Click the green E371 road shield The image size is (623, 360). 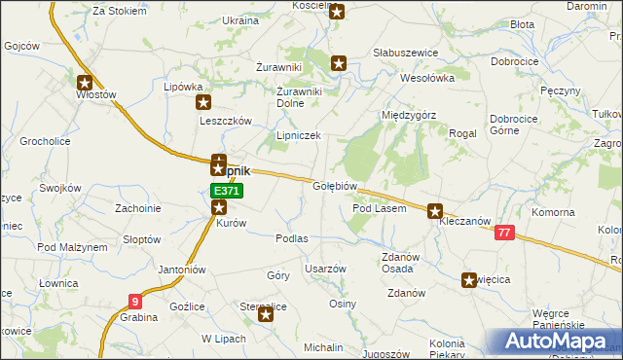click(220, 191)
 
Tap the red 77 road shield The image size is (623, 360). click(504, 233)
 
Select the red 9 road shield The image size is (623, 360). click(133, 302)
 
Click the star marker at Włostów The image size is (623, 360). click(85, 83)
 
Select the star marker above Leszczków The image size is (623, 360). click(203, 102)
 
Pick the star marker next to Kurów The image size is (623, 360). click(220, 206)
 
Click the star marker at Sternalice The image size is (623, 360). click(266, 313)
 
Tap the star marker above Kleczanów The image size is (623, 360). click(435, 209)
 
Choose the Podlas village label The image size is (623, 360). click(292, 238)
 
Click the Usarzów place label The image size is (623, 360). click(325, 269)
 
